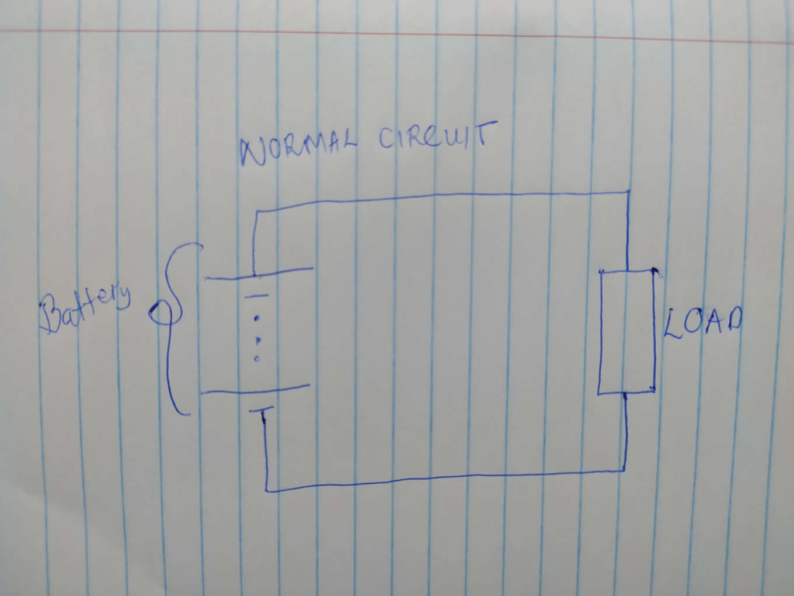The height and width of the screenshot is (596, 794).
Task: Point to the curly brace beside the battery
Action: click(173, 327)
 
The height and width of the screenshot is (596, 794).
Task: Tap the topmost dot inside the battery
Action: click(256, 319)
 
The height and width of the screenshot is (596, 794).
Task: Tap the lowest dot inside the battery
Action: click(257, 358)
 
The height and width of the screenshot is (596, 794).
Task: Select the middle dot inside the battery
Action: click(258, 339)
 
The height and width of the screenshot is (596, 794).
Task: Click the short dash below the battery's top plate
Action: click(256, 296)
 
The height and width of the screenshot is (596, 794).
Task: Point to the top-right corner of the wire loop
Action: click(628, 191)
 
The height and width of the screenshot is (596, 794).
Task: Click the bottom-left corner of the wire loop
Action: click(267, 490)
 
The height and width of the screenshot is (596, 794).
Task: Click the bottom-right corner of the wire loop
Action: click(624, 469)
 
